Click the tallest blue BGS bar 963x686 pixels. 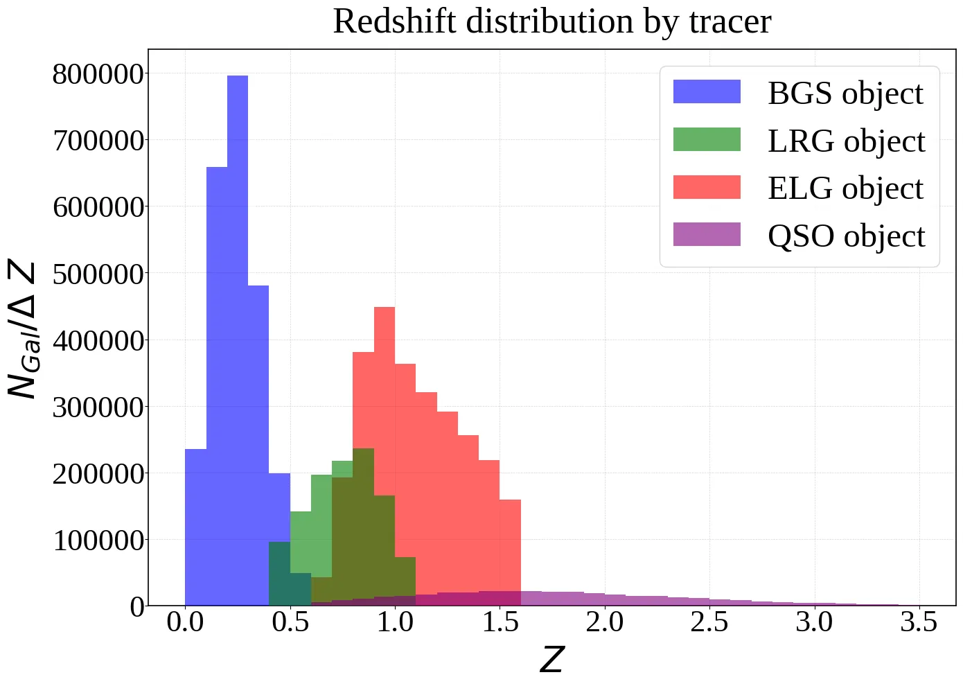238,340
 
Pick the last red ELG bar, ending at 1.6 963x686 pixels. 510,547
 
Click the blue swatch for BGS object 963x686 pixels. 707,92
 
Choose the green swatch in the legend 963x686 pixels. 707,139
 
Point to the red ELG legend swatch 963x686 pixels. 707,187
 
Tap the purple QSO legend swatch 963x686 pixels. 707,234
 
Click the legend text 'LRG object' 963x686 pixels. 846,141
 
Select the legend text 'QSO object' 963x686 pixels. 846,236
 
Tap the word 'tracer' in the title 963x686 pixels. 730,21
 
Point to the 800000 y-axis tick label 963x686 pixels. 98,74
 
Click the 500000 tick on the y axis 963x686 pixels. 98,274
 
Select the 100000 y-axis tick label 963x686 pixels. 98,540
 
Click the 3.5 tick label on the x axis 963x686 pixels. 919,622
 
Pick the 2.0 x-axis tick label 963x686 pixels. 604,622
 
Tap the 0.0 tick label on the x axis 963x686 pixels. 185,622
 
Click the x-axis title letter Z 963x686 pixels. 551,660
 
